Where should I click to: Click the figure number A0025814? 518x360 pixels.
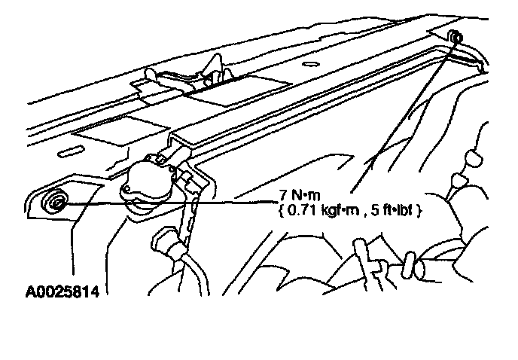point(56,289)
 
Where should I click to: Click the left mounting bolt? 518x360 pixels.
point(55,201)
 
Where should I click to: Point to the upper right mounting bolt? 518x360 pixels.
point(457,37)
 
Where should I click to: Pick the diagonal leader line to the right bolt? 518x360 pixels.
point(407,113)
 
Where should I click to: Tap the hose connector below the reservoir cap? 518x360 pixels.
point(167,245)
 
